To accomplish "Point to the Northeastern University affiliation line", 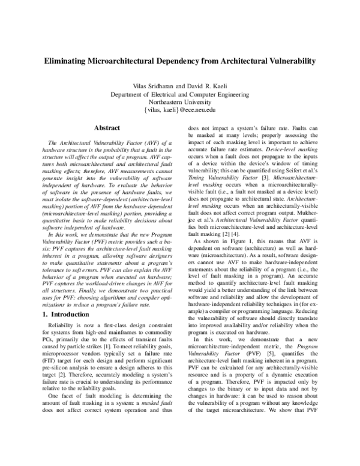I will [x=180, y=102].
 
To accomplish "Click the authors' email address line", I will [x=180, y=110].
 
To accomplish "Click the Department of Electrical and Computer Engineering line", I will [x=180, y=94].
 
